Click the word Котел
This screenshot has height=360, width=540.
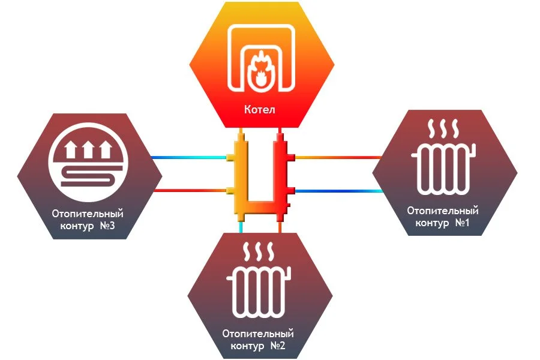[259, 110]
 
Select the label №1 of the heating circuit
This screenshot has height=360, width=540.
[460, 223]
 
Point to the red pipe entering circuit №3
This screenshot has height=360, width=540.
[190, 191]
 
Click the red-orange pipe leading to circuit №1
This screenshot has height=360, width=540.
[340, 158]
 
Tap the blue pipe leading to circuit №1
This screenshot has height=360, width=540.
[340, 191]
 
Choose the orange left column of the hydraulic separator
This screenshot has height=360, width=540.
[239, 174]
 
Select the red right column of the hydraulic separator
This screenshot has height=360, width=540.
[280, 174]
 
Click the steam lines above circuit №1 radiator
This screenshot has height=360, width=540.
[443, 128]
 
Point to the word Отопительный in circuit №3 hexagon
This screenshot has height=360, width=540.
[88, 213]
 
